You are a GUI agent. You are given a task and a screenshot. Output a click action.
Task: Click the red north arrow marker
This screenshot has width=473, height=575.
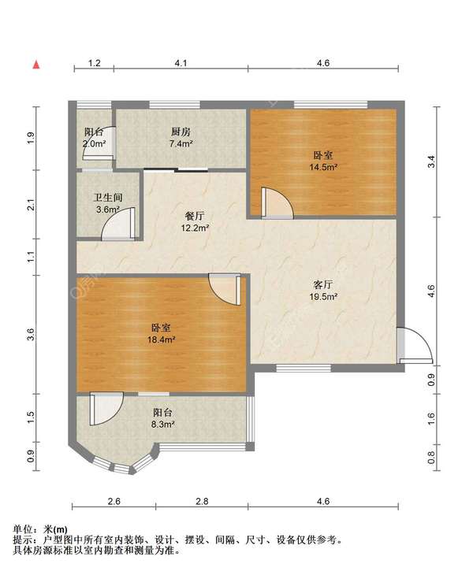click(x=36, y=65)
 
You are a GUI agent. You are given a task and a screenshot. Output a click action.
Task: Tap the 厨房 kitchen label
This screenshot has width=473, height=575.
click(x=181, y=132)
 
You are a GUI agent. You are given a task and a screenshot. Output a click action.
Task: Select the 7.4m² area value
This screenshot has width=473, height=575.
click(x=181, y=143)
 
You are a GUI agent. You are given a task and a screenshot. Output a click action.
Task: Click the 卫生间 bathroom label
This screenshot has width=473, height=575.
click(x=108, y=198)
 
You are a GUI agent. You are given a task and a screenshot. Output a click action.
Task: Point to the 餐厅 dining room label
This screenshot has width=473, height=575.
click(x=195, y=216)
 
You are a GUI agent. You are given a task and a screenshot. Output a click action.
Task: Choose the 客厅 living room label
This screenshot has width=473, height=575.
click(x=323, y=284)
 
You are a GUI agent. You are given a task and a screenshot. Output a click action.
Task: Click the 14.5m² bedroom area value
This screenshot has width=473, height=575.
click(x=323, y=167)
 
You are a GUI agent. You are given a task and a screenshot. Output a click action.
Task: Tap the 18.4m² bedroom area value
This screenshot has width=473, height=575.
click(x=161, y=339)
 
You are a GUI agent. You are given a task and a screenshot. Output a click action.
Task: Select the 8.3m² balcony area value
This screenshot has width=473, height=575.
click(x=163, y=425)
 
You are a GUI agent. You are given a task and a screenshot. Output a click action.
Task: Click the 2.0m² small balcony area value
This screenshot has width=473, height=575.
click(x=95, y=143)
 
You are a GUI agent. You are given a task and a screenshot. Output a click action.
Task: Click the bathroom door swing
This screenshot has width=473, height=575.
click(x=118, y=224)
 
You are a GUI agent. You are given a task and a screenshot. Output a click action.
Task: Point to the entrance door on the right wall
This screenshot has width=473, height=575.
click(x=415, y=345)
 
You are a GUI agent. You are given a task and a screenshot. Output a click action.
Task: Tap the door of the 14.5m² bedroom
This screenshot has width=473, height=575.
click(x=277, y=203)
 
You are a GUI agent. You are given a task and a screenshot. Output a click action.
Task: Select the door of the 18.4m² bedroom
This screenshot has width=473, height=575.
click(x=225, y=289)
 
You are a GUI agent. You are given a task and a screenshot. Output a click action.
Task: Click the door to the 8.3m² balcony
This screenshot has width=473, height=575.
click(x=106, y=409)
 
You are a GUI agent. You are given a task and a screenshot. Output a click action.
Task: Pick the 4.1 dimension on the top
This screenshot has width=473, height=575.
click(x=181, y=63)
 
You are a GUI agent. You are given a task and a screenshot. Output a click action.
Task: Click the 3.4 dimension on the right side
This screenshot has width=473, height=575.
click(x=431, y=161)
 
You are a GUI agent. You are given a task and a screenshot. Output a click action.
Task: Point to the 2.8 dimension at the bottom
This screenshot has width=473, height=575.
click(x=202, y=501)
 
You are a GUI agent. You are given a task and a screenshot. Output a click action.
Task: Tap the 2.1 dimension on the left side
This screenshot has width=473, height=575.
click(x=32, y=204)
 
